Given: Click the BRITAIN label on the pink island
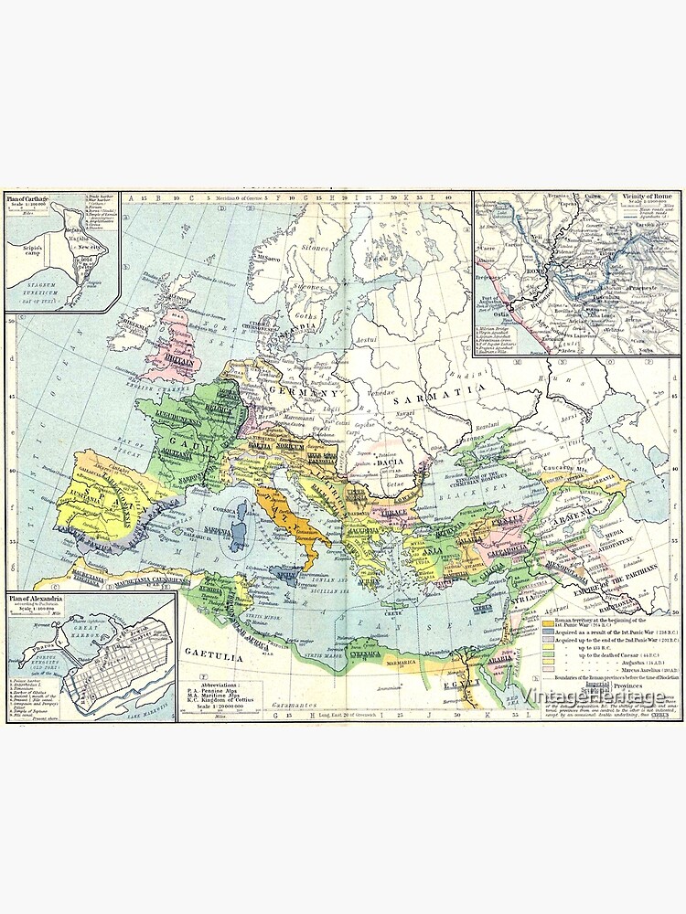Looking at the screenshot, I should pyautogui.click(x=181, y=360).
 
